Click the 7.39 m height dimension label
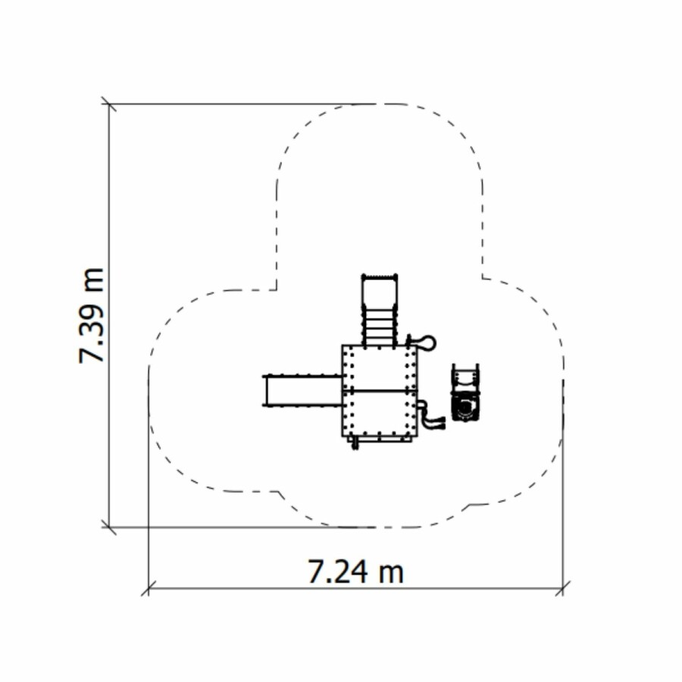(92, 315)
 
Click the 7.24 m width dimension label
(356, 571)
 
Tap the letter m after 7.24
(390, 575)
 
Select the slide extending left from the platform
(302, 390)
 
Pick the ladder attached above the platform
(380, 310)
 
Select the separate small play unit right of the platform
(465, 393)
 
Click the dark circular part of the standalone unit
(465, 407)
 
